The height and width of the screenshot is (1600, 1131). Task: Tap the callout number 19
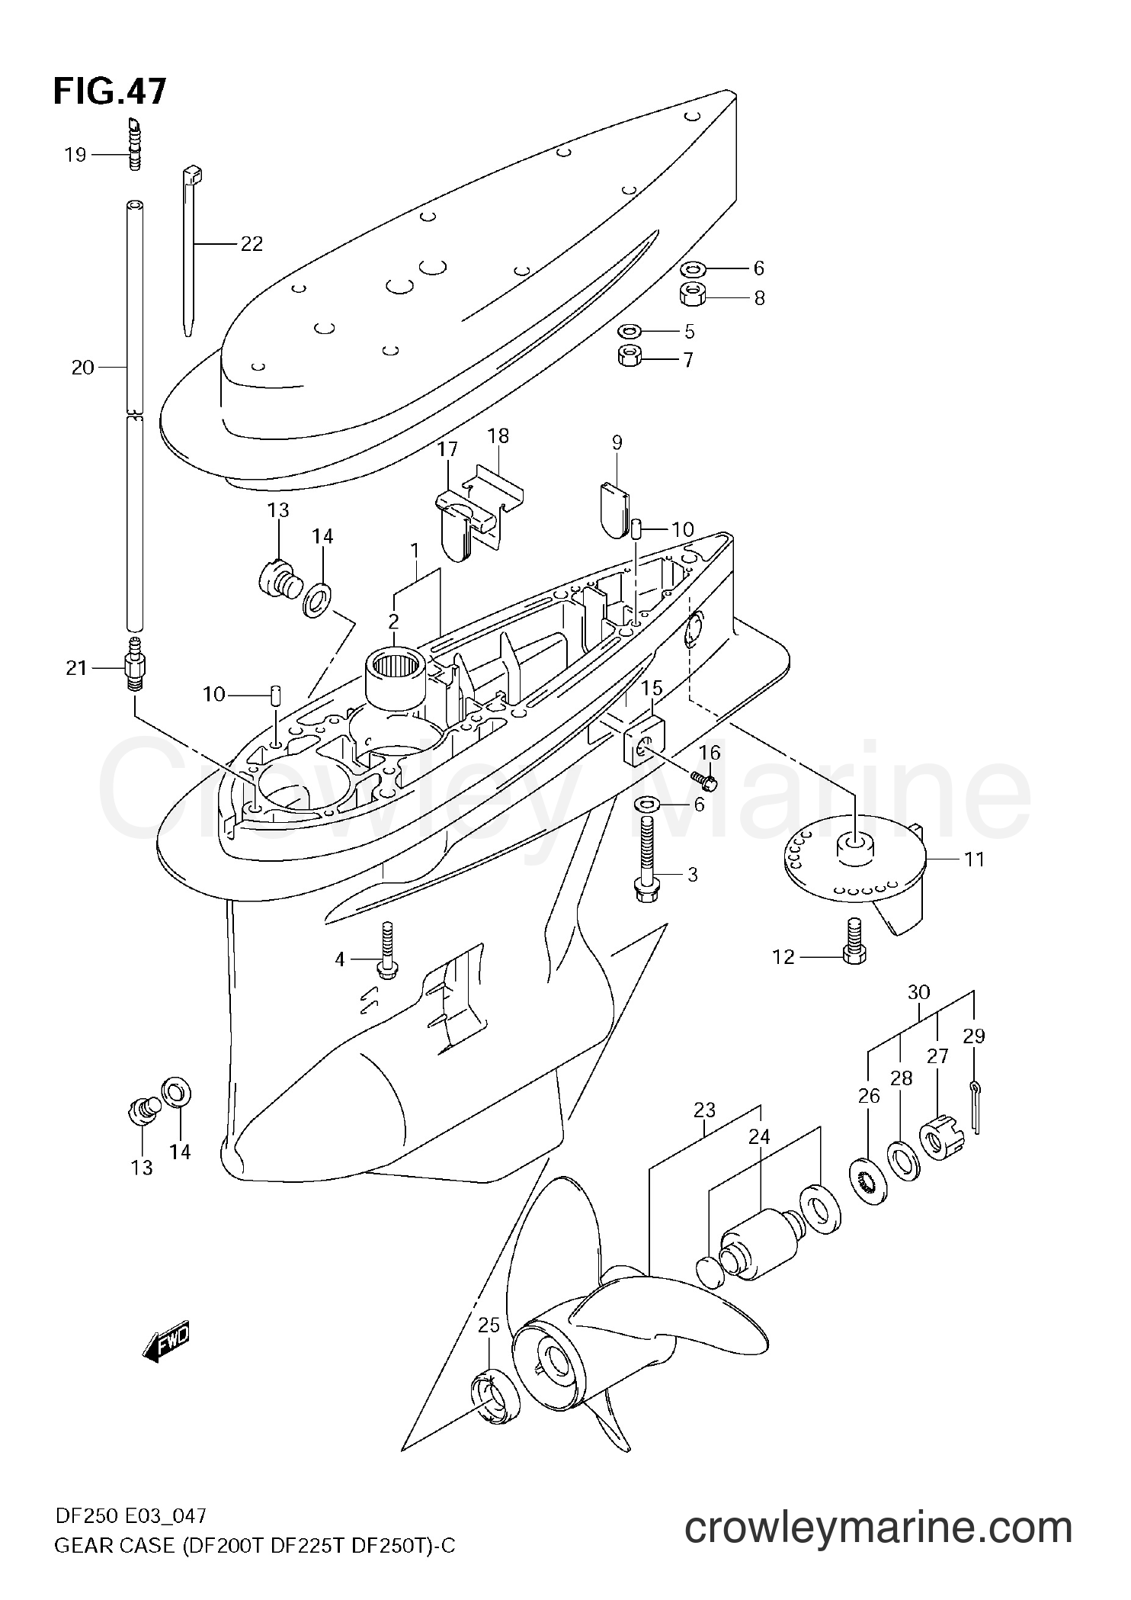(x=75, y=156)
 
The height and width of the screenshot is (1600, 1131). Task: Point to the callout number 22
(x=252, y=244)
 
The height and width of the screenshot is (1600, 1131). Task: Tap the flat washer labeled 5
(x=630, y=331)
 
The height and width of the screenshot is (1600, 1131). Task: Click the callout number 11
(x=974, y=859)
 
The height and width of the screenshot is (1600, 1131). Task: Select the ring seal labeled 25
(x=495, y=1396)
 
